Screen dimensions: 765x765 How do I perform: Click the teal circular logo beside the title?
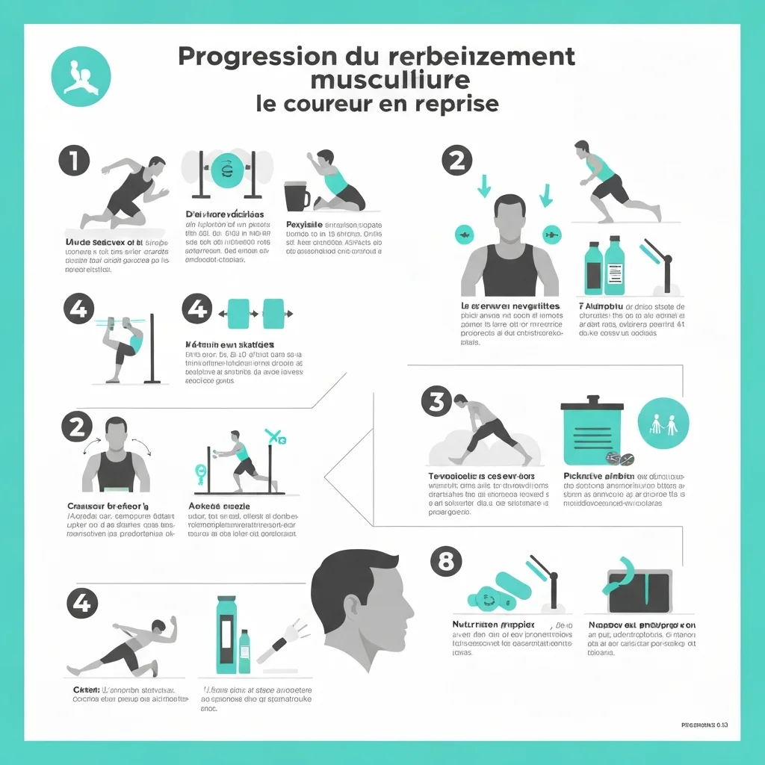pyautogui.click(x=80, y=76)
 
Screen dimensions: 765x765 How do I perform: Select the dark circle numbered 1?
pyautogui.click(x=73, y=161)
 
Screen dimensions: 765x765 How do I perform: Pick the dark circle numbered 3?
pyautogui.click(x=436, y=401)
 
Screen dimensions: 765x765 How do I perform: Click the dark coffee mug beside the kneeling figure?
pyautogui.click(x=297, y=196)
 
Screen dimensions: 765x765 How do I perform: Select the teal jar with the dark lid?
pyautogui.click(x=592, y=431)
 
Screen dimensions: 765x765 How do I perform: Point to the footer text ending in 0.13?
pyautogui.click(x=705, y=724)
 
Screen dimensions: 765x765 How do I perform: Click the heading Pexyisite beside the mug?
pyautogui.click(x=303, y=224)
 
